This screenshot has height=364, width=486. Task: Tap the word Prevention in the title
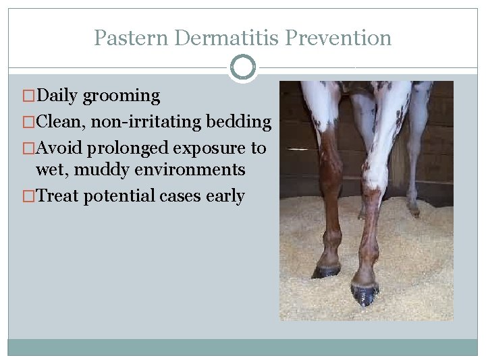[338, 38]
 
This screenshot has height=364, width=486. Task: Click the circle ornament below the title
[243, 67]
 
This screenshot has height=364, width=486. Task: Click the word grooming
[122, 96]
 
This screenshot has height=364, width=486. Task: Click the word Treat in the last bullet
[58, 196]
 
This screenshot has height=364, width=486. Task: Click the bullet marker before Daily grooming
[28, 96]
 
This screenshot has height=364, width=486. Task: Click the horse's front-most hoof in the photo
[364, 293]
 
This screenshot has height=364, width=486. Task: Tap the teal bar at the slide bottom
[243, 346]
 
